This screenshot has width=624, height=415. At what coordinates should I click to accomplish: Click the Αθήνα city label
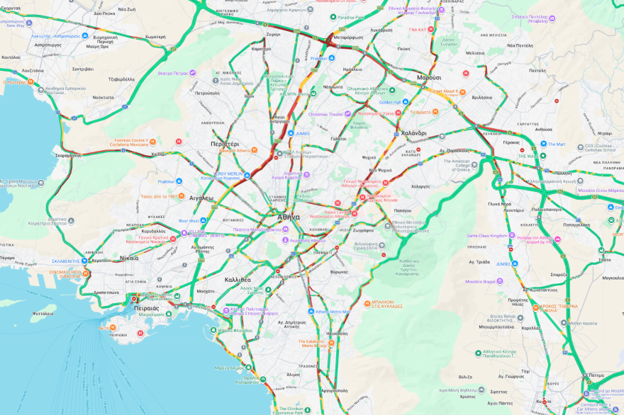(x=288, y=217)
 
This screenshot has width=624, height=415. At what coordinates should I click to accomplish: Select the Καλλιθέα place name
(x=238, y=280)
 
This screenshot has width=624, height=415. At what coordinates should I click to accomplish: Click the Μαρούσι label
(x=429, y=77)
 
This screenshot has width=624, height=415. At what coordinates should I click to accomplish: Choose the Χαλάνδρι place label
(x=413, y=132)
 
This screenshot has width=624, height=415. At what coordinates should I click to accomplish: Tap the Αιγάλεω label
(x=201, y=198)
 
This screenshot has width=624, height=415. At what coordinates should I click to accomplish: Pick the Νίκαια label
(x=129, y=258)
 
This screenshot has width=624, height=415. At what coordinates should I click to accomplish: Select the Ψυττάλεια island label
(x=43, y=313)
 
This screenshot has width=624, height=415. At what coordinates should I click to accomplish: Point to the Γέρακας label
(x=511, y=142)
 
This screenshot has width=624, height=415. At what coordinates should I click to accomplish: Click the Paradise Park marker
(x=333, y=17)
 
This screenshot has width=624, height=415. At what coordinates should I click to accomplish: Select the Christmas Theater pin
(x=303, y=114)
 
